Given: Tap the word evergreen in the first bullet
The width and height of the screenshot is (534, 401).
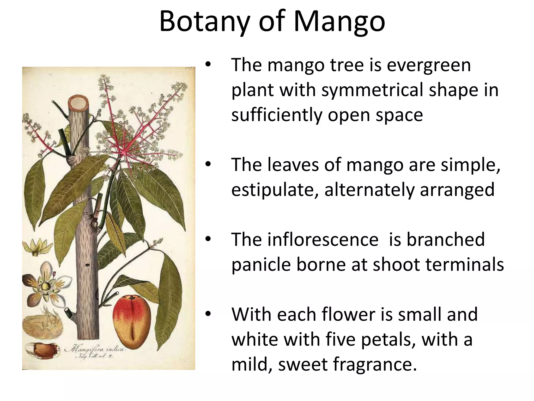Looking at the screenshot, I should (x=429, y=65).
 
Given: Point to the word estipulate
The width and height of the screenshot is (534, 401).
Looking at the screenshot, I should (x=275, y=190).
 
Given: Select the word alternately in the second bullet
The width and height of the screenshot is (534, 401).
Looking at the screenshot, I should (x=369, y=190).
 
